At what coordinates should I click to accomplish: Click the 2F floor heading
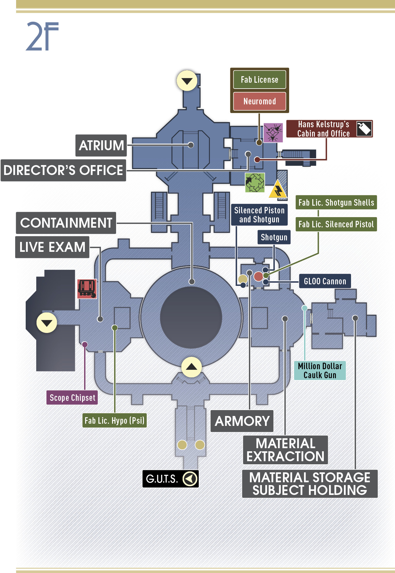click(42, 36)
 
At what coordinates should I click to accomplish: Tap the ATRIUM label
click(101, 145)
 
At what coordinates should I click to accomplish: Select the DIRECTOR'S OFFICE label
click(63, 170)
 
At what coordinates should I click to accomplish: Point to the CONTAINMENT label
click(66, 223)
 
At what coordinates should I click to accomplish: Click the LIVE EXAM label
click(52, 247)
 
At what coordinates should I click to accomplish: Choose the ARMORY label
click(242, 421)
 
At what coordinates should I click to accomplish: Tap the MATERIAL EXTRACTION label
click(285, 450)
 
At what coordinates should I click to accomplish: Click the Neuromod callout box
click(259, 101)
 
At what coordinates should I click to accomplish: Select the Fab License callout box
click(259, 80)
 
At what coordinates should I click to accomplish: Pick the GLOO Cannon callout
click(325, 281)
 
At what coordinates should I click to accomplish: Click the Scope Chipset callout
click(72, 398)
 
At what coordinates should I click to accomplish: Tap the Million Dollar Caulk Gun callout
click(320, 370)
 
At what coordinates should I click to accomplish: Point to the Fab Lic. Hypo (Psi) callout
click(115, 421)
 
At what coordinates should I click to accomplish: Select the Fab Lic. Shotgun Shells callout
click(336, 203)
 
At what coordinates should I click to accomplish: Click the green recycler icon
click(255, 183)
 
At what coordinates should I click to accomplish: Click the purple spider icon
click(273, 133)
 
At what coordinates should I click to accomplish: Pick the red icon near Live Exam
click(87, 289)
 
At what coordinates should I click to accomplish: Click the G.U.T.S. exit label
click(171, 479)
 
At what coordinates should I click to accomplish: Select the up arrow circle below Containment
click(192, 367)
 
